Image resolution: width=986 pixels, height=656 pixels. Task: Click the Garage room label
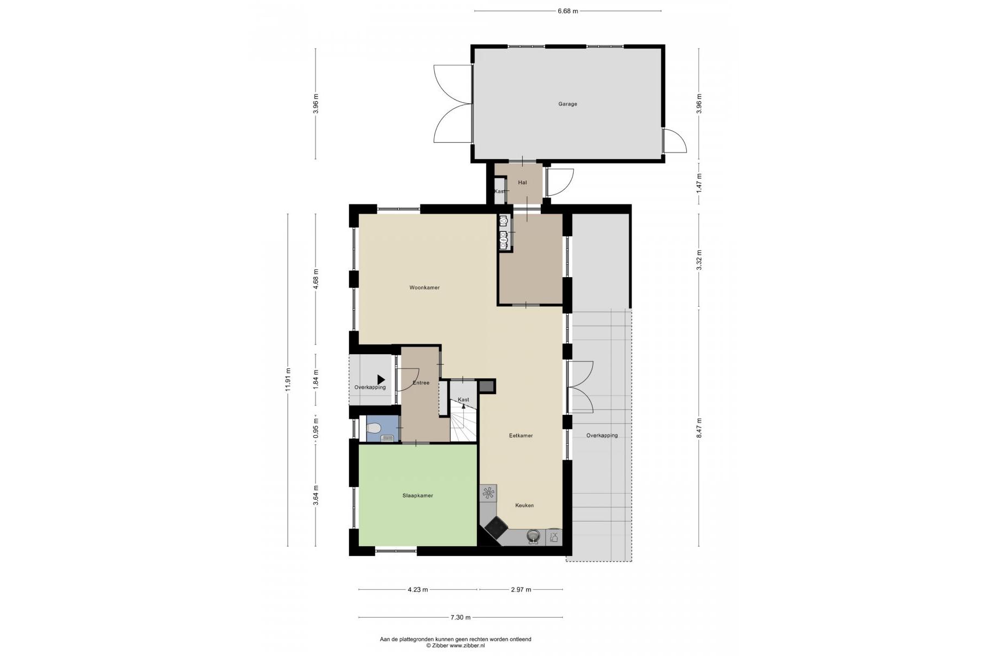568,104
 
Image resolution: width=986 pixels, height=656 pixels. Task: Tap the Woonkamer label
424,288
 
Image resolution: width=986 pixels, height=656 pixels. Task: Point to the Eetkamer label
521,436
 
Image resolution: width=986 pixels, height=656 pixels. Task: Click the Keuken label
524,506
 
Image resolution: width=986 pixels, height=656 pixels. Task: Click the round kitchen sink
533,536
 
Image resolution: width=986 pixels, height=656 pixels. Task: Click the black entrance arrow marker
381,379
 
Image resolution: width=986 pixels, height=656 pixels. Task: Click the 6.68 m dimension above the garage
568,11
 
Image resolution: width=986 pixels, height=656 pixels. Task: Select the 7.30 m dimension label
460,618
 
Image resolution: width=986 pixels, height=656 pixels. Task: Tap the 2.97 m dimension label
521,590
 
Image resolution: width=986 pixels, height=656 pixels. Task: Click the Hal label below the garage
522,183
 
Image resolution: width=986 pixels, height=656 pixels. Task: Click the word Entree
421,383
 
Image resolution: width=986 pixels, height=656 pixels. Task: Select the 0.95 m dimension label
316,429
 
